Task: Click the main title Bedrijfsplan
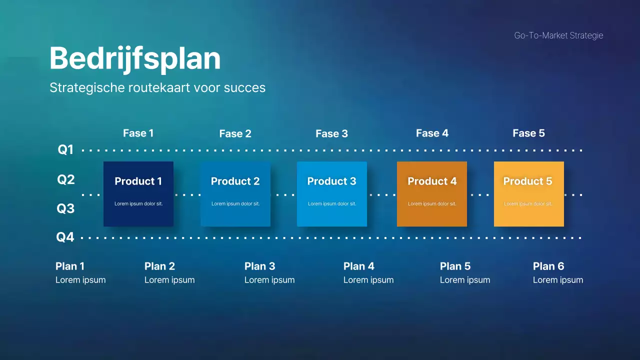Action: [135, 58]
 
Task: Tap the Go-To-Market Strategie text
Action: [558, 35]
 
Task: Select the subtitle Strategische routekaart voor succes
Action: [157, 87]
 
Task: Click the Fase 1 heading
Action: [138, 133]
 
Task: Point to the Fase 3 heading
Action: [331, 133]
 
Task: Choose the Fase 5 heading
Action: [528, 133]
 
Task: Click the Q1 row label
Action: [65, 149]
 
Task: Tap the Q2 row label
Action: [65, 179]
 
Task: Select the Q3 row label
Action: [65, 208]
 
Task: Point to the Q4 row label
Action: [65, 237]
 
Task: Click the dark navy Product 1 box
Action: [138, 194]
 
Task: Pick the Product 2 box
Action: [235, 194]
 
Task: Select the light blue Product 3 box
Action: [332, 194]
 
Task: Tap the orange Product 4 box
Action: [432, 194]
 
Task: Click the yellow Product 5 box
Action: [529, 194]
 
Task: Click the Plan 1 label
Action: [70, 266]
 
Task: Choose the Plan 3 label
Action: [259, 266]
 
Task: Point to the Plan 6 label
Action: [548, 266]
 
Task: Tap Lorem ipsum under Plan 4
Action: [368, 280]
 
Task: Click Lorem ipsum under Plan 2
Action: [169, 280]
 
